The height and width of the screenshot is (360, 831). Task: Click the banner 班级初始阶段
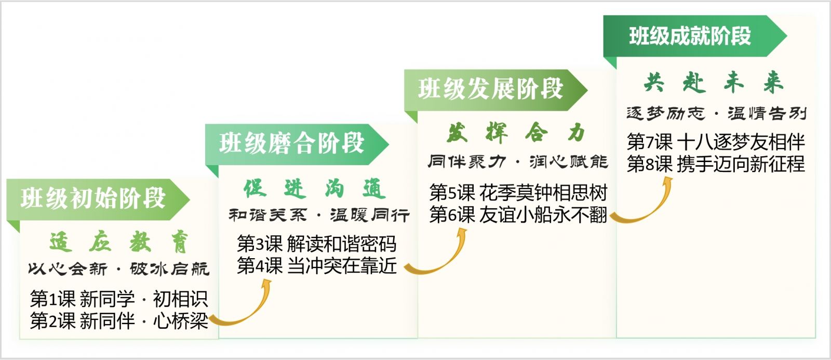coord(98,199)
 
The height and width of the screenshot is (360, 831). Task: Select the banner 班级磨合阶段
coord(297,144)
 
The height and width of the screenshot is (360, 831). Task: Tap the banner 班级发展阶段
coord(495,90)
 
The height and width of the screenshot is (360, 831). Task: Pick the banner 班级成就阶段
coord(695,36)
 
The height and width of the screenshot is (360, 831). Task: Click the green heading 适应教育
coord(119,243)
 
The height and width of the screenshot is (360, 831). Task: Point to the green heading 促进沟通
coord(315,189)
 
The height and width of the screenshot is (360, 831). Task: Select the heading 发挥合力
coord(516,133)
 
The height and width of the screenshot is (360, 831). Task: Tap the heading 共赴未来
coord(714,82)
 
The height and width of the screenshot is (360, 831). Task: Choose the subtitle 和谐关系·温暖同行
coord(319,215)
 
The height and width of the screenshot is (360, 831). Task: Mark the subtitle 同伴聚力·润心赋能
coord(518,162)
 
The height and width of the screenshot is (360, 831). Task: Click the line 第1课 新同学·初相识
coord(119,299)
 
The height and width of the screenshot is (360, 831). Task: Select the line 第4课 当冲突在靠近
coord(317,266)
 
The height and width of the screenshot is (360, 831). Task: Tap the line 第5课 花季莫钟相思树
coord(518,193)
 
